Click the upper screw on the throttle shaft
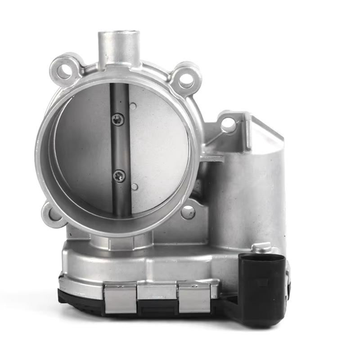point(118,119)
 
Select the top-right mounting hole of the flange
point(186,80)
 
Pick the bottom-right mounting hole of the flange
point(188,211)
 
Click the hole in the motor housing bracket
point(228,124)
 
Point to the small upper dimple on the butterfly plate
point(133,107)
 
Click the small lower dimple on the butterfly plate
point(134,186)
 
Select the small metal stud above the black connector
point(261,247)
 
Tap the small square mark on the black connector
point(264,282)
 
